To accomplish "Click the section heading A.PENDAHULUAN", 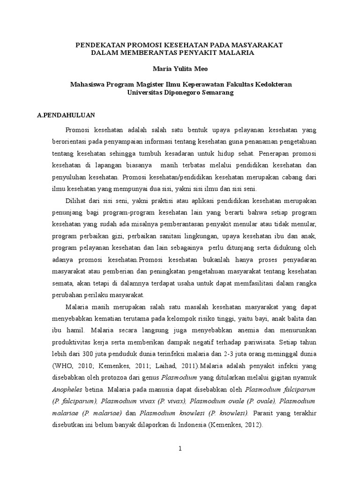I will (x=66, y=114).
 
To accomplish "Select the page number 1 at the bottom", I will (x=180, y=449).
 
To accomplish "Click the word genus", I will (x=151, y=377).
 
